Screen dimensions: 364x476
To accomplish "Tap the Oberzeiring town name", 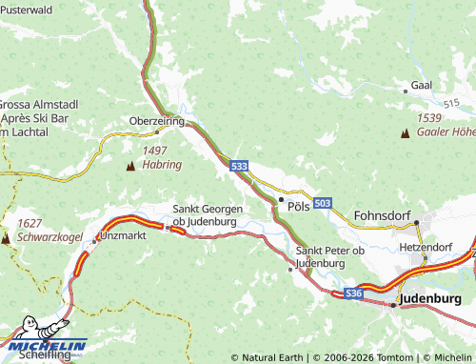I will pyautogui.click(x=156, y=121).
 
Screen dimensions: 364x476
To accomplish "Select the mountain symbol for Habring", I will pyautogui.click(x=130, y=165).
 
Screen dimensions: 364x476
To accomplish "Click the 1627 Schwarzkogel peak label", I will pyautogui.click(x=43, y=229).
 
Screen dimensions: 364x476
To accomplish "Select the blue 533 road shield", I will pyautogui.click(x=240, y=166).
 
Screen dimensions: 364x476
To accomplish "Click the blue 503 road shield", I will pyautogui.click(x=323, y=203).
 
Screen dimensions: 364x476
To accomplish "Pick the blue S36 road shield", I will pyautogui.click(x=354, y=293).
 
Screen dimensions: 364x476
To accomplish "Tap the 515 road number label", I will pyautogui.click(x=451, y=101).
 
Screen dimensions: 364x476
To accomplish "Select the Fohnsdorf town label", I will pyautogui.click(x=382, y=215).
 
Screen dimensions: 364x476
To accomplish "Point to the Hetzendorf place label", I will pyautogui.click(x=425, y=246).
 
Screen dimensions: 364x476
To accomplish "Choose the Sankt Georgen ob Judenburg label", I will pyautogui.click(x=204, y=214).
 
